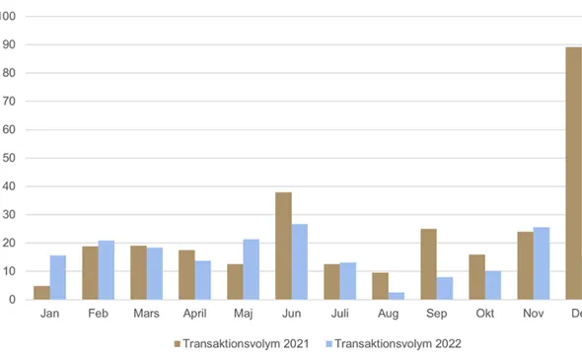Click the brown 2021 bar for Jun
coord(283,246)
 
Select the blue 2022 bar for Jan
coord(58,277)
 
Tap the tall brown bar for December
coord(573,173)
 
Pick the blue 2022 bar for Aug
coord(397,295)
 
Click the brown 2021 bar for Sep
coord(428,264)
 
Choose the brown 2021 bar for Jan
coord(41,293)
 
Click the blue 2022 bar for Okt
coord(493,285)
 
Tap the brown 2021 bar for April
coord(186,274)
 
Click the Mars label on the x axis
coord(147,315)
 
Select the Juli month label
coord(339,315)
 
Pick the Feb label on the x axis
coord(99,315)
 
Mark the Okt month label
coord(484,315)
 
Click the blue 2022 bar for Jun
coord(300,261)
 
